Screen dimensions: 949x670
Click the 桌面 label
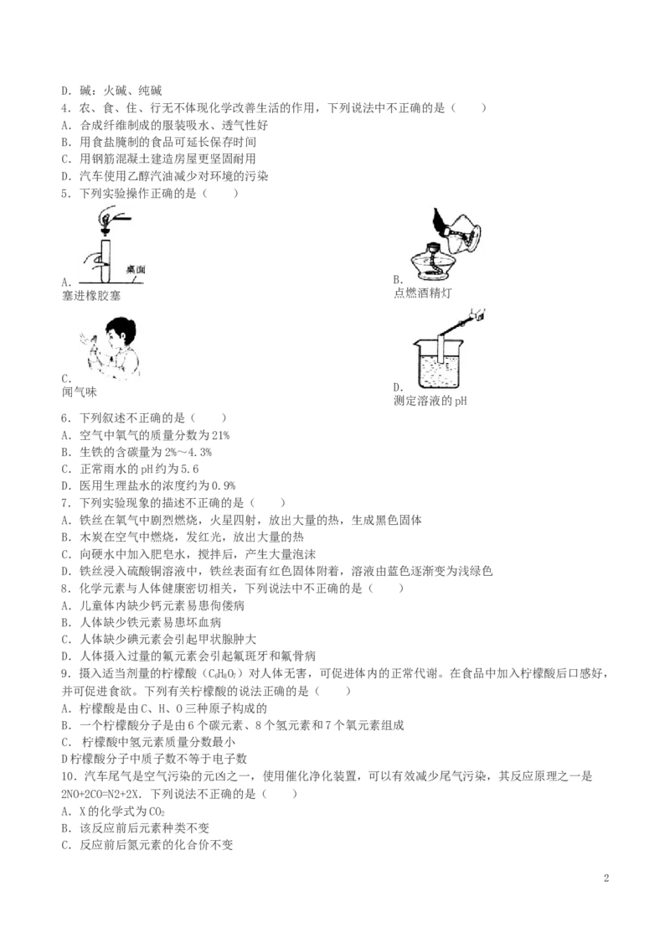(x=137, y=269)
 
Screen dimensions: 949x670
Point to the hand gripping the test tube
(x=98, y=267)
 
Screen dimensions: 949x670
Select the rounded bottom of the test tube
(x=107, y=280)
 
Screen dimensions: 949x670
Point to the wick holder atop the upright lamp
(x=432, y=247)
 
